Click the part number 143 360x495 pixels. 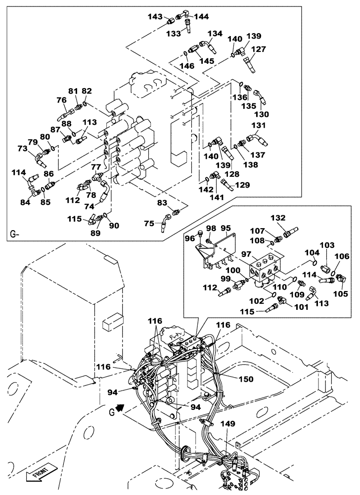pyautogui.click(x=156, y=16)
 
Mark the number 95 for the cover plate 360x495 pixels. pyautogui.click(x=226, y=228)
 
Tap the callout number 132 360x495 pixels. pyautogui.click(x=278, y=217)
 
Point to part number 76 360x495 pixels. pyautogui.click(x=61, y=100)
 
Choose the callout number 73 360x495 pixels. pyautogui.click(x=23, y=148)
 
